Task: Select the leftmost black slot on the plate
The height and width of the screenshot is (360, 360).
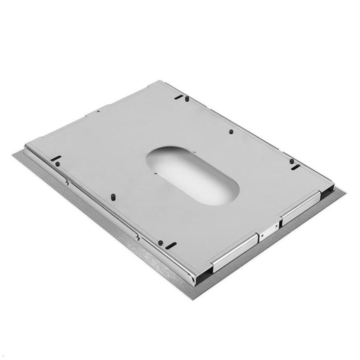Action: pos(56,158)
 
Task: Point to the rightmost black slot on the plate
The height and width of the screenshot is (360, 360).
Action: pos(295,167)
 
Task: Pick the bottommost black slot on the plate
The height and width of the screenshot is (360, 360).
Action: pos(171,245)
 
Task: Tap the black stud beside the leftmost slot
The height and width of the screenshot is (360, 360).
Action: pos(58,164)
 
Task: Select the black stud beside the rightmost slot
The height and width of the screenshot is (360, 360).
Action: pos(291,161)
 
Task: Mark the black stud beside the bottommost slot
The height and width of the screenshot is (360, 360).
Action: pos(161,242)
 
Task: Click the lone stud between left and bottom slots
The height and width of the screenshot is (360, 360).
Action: pos(113,197)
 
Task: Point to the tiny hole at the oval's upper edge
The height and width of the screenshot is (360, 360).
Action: pos(195,152)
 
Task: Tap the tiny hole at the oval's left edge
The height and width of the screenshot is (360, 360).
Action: pos(155,173)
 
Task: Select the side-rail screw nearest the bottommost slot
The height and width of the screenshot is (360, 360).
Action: pos(137,238)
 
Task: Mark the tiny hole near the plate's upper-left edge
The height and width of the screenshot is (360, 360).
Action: pos(98,111)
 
